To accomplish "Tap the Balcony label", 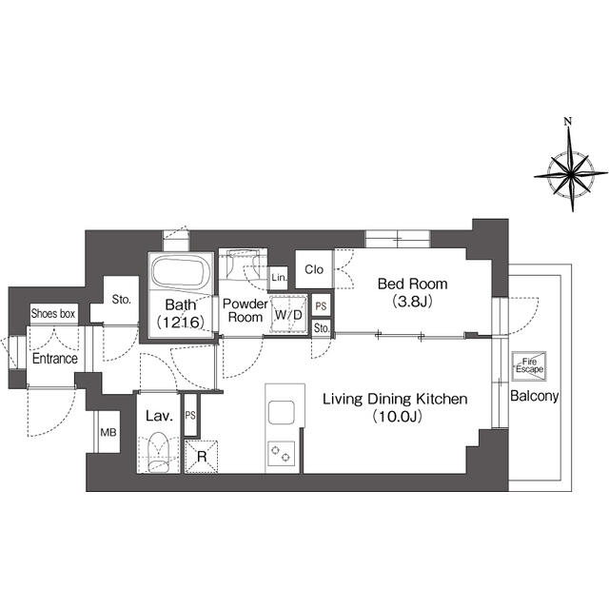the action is tap(534, 396).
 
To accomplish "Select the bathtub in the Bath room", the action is tap(181, 271).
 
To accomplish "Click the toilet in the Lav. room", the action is tap(159, 453).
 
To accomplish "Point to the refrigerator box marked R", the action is tap(201, 457).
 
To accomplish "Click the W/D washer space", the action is tap(288, 315).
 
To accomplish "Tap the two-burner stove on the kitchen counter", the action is tap(281, 454).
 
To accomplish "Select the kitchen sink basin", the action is tap(281, 412).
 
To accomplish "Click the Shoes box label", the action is tap(53, 313).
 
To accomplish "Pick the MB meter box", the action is tap(108, 432).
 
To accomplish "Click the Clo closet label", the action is tap(314, 269).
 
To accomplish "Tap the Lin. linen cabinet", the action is tap(279, 278).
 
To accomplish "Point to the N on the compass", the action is tap(568, 122).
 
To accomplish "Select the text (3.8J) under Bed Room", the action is tap(412, 301).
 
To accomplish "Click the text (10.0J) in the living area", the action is tap(397, 417).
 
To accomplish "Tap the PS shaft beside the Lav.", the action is tap(190, 415).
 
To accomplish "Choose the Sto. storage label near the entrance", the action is tap(121, 300).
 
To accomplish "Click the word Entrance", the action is tap(55, 359).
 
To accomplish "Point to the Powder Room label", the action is tap(246, 310).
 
